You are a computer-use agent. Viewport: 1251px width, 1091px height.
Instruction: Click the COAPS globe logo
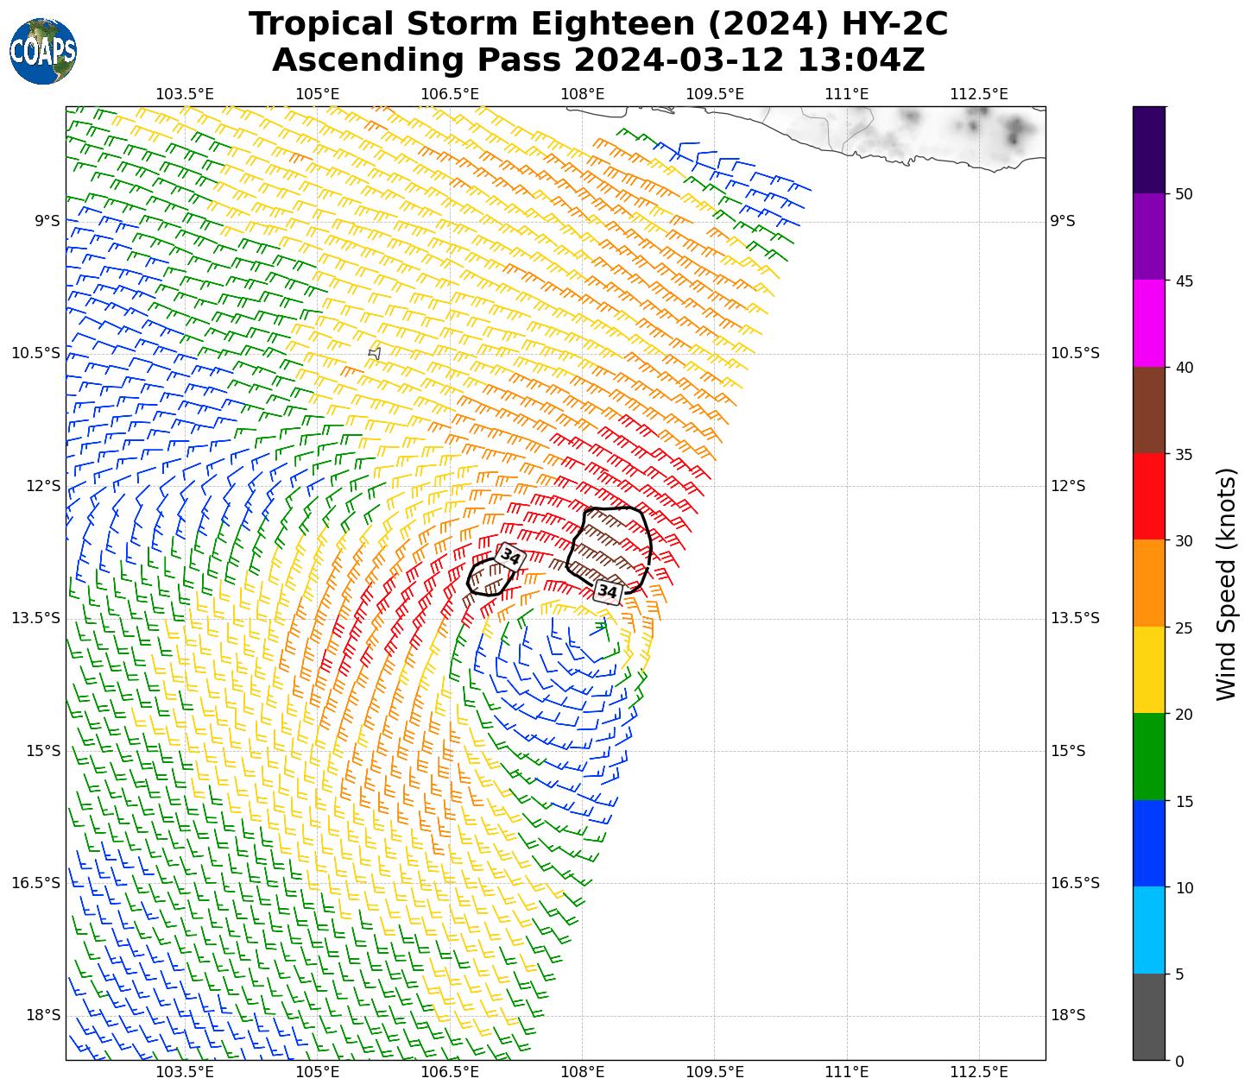[43, 52]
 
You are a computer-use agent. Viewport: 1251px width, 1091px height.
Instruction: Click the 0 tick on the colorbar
[1179, 1061]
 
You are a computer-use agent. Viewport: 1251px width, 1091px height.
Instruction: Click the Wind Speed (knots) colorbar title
[1226, 583]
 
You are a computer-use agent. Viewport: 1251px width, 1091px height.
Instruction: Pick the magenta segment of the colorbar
[1148, 323]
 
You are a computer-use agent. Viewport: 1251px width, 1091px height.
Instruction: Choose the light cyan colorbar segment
[1148, 930]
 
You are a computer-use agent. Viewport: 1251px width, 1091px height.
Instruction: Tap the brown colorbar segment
[1148, 410]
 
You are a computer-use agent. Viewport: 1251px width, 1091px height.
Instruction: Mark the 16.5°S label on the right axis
[1074, 883]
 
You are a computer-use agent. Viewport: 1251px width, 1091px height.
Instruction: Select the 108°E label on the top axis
[582, 93]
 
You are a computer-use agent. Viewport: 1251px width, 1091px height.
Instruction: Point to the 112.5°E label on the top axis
[979, 93]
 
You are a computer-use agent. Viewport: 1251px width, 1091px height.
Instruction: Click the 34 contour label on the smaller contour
[510, 558]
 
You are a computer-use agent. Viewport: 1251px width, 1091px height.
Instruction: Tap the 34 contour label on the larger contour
[608, 592]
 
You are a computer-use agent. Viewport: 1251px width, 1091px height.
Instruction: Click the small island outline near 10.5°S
[375, 353]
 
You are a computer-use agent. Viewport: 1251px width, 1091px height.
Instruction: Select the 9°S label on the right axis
[1062, 221]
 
